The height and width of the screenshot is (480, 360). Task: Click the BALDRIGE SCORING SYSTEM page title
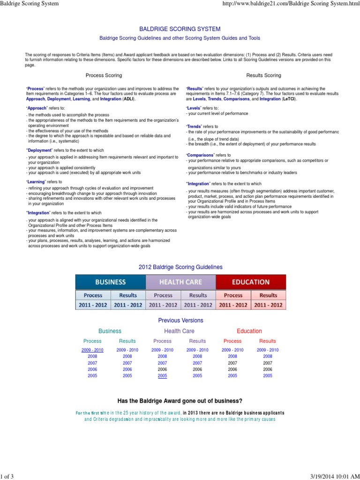(x=180, y=29)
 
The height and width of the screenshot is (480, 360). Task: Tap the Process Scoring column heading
(x=104, y=75)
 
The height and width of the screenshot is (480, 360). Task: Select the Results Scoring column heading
(x=264, y=75)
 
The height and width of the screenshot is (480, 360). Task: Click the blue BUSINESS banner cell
(x=111, y=282)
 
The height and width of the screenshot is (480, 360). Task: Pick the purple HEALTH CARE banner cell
(x=180, y=282)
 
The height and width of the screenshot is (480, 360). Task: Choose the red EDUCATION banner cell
(x=251, y=282)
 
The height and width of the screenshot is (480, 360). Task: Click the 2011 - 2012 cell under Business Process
(x=93, y=305)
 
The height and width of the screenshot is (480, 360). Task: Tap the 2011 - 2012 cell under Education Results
(x=268, y=305)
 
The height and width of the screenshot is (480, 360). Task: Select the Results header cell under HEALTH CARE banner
(x=198, y=295)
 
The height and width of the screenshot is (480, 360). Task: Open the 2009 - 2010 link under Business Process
(x=92, y=350)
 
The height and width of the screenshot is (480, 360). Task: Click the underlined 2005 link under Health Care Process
(x=162, y=375)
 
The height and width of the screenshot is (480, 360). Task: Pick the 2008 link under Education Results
(x=268, y=356)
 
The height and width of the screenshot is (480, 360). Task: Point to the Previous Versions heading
(x=180, y=321)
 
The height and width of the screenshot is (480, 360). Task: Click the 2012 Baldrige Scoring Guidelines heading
(x=180, y=267)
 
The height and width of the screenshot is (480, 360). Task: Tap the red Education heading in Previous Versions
(x=249, y=331)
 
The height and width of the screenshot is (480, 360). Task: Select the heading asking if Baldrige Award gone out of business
(x=180, y=401)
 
